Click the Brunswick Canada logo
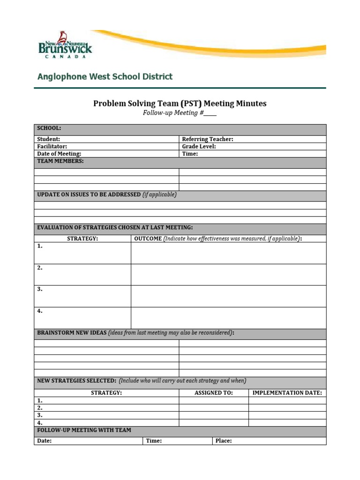(65, 45)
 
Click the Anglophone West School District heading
(105, 76)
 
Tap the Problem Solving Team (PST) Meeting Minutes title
(180, 103)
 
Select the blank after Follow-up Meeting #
(210, 113)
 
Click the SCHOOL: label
(49, 128)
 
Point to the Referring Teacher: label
(207, 139)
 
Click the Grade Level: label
(199, 146)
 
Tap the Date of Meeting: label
(59, 154)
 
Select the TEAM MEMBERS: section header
(60, 161)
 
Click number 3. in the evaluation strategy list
(40, 290)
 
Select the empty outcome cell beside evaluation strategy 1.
(228, 253)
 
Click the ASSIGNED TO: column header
(213, 393)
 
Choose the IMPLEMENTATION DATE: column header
(287, 393)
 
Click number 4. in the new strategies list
(40, 422)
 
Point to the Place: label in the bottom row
(224, 441)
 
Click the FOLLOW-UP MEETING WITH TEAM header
(84, 430)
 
